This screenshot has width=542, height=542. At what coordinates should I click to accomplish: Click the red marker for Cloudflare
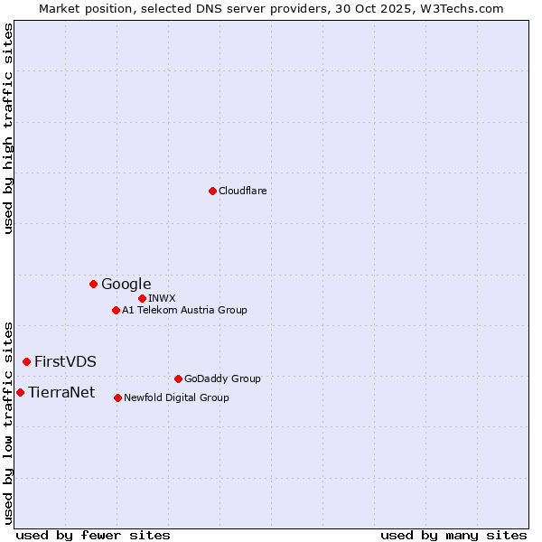[x=212, y=191]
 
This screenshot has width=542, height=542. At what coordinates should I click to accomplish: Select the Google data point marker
[x=93, y=284]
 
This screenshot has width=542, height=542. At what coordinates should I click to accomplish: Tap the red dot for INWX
[x=142, y=298]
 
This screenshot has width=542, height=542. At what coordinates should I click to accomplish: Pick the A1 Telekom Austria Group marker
[x=116, y=310]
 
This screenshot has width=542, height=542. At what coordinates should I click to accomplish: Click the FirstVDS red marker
[x=26, y=361]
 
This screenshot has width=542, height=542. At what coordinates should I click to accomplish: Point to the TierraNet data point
[x=20, y=392]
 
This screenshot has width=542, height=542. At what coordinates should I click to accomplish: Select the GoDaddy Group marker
[x=178, y=378]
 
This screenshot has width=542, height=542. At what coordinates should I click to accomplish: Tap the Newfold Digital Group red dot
[x=117, y=397]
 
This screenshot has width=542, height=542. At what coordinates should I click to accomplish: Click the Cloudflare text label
[x=242, y=191]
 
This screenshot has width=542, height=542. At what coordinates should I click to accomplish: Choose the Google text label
[x=126, y=284]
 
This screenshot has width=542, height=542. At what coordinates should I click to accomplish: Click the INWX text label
[x=162, y=298]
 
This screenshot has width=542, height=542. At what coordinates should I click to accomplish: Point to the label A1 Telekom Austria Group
[x=184, y=310]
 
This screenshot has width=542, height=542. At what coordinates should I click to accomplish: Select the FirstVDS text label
[x=65, y=361]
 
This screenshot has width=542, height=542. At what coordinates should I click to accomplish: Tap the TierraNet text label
[x=61, y=392]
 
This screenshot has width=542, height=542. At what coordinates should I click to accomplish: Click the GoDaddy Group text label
[x=222, y=378]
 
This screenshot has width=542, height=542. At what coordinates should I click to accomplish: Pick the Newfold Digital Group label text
[x=176, y=397]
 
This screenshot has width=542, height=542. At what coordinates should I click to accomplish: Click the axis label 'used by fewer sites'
[x=93, y=535]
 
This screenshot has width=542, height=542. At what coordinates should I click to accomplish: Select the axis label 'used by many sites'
[x=453, y=535]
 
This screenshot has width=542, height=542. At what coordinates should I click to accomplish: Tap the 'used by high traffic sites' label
[x=8, y=128]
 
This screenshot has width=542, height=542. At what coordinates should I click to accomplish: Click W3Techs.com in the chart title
[x=466, y=8]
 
